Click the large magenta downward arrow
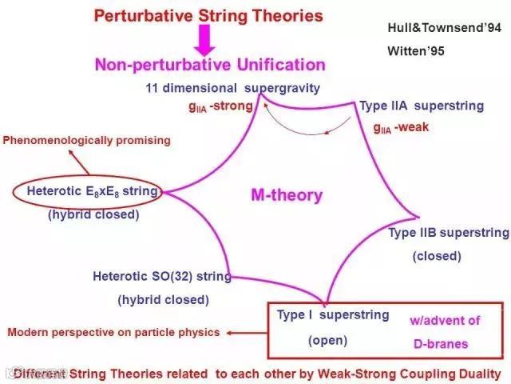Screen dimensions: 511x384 [x=205, y=39]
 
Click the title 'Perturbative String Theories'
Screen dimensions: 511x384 [x=208, y=15]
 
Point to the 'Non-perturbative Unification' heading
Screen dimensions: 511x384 [x=211, y=65]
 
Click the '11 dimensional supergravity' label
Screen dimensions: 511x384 [x=232, y=87]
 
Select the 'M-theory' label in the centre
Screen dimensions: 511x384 [x=287, y=194]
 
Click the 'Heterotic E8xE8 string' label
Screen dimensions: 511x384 [x=92, y=191]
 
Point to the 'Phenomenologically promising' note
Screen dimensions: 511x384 [x=87, y=141]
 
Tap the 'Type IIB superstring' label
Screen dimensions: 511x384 [x=448, y=233]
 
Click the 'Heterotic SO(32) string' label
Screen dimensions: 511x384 [x=162, y=277]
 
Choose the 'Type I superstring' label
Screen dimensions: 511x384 [x=333, y=315]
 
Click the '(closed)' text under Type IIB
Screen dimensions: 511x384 [x=437, y=256]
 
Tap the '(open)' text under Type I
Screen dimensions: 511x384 [x=328, y=340]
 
